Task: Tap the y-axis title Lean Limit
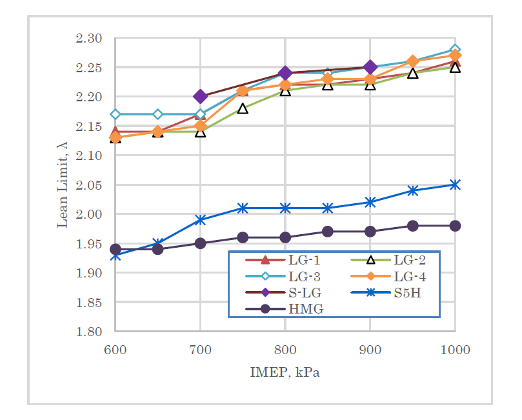(x=63, y=185)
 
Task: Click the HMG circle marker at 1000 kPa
(x=455, y=226)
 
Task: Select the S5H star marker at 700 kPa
(x=200, y=220)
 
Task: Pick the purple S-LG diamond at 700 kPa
(x=200, y=97)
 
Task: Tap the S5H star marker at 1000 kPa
(x=455, y=185)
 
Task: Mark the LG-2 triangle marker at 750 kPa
(x=243, y=108)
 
